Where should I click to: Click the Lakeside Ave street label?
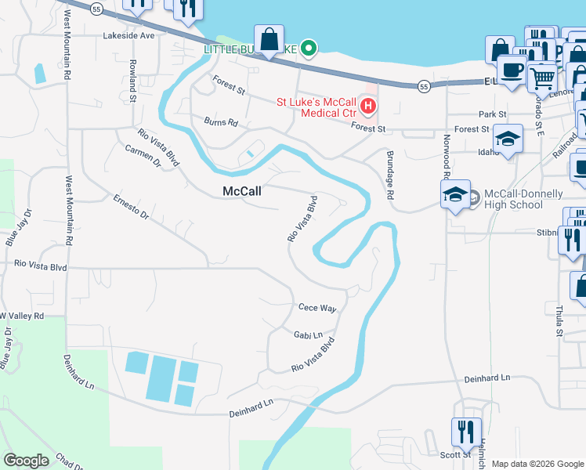(x=129, y=35)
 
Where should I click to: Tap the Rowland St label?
(x=133, y=80)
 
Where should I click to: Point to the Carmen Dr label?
(x=143, y=156)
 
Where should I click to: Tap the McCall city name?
(x=241, y=190)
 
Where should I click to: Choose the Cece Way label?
(x=317, y=308)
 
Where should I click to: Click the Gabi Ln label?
(x=308, y=334)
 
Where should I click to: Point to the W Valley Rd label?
(x=22, y=315)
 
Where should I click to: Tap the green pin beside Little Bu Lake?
(x=309, y=49)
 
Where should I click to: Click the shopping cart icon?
(x=541, y=78)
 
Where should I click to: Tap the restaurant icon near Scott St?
(x=466, y=432)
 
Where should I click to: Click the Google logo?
(x=27, y=460)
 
